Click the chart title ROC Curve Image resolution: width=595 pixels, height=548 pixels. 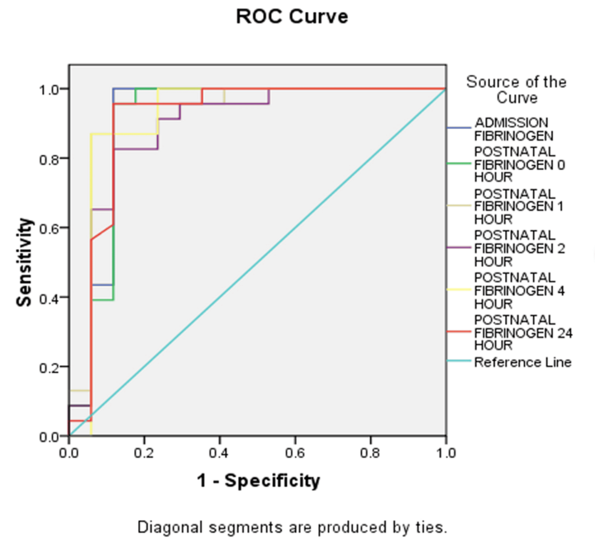tap(292, 17)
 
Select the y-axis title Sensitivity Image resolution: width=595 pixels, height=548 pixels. tap(24, 262)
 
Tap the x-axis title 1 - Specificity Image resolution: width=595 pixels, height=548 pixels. tap(258, 480)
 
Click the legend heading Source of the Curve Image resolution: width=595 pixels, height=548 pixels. tap(516, 89)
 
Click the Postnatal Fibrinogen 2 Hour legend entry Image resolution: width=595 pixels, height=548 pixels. tap(519, 248)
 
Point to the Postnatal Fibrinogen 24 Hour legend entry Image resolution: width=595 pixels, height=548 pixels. tap(523, 332)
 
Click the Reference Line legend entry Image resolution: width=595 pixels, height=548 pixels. tap(523, 362)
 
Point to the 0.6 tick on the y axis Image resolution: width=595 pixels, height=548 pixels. tap(53, 228)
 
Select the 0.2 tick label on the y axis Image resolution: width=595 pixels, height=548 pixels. tap(53, 367)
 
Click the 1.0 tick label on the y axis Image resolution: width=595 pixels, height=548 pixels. tap(53, 89)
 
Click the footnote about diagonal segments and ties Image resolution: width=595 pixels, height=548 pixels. tap(293, 528)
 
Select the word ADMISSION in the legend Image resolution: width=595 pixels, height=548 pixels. tap(511, 122)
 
